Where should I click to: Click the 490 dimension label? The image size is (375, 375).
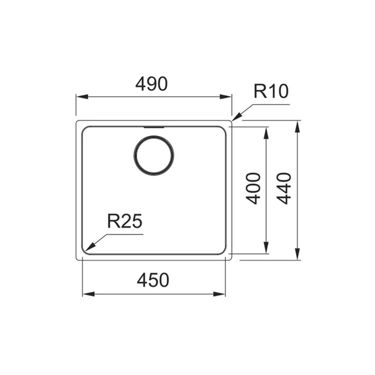[151, 84]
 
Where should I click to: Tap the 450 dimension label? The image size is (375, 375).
[153, 280]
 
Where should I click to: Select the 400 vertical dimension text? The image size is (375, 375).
[253, 189]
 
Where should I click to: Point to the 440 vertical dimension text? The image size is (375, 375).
[284, 189]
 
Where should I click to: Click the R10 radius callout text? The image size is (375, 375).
[271, 91]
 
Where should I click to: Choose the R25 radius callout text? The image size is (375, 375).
[124, 221]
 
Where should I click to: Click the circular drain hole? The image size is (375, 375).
[154, 155]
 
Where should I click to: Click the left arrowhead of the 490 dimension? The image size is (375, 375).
[81, 97]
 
